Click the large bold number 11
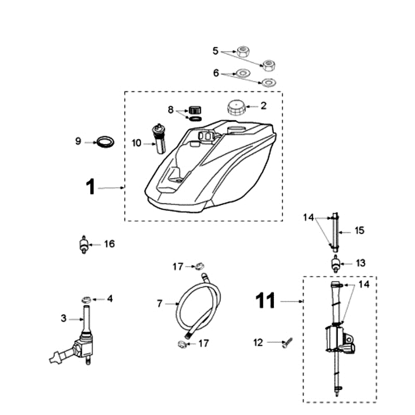tap(266, 300)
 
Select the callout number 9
tap(78, 141)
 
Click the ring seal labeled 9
tap(105, 141)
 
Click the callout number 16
tap(109, 244)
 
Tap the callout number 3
tap(64, 319)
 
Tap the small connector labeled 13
tap(336, 265)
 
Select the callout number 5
tap(216, 51)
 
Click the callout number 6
tap(216, 74)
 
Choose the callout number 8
tap(170, 109)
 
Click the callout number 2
tap(264, 106)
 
